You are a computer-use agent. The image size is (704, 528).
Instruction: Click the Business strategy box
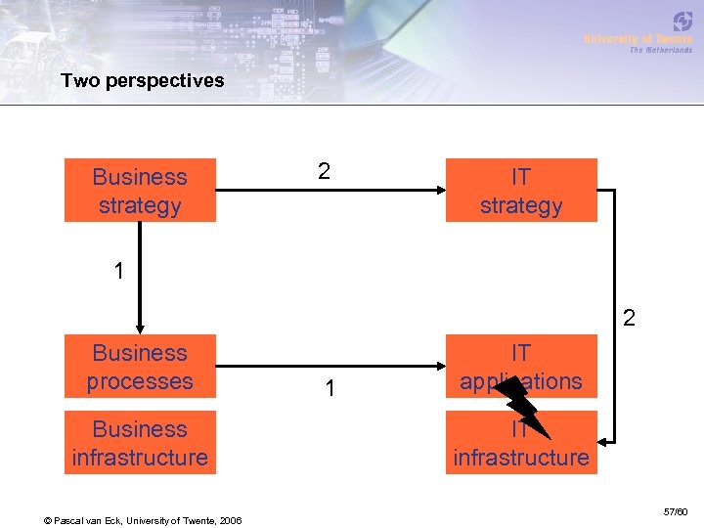click(x=140, y=191)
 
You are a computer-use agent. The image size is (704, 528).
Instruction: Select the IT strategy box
click(x=521, y=191)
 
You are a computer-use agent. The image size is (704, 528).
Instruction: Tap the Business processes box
click(x=140, y=367)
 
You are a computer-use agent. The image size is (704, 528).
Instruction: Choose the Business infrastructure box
click(x=140, y=443)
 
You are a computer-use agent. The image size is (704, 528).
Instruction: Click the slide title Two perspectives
click(x=142, y=80)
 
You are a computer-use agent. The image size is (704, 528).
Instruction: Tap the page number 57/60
click(x=675, y=511)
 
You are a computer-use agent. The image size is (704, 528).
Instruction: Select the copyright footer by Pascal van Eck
click(x=144, y=518)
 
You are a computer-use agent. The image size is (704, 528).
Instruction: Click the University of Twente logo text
click(x=638, y=38)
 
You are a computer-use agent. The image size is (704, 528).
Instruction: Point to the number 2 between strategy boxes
click(x=324, y=171)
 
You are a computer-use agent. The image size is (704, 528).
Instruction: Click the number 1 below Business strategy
click(x=118, y=271)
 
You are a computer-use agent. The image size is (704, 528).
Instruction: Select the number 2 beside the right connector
click(x=629, y=318)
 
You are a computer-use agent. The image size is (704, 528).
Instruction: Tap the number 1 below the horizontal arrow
click(x=331, y=389)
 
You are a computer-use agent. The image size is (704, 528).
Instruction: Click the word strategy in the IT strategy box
click(x=521, y=205)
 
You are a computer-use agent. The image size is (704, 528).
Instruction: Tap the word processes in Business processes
click(x=140, y=381)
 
